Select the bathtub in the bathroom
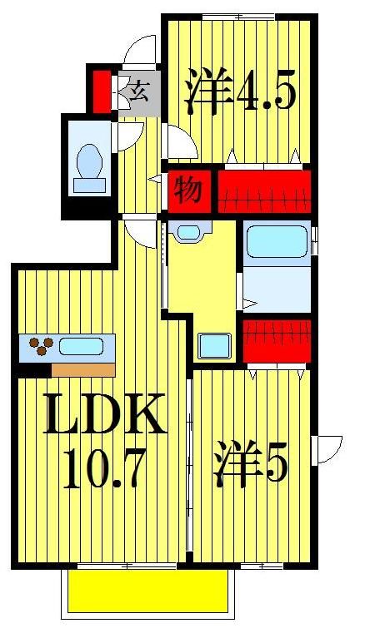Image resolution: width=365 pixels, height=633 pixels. [277, 244]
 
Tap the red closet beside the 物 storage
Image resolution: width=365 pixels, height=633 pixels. [264, 190]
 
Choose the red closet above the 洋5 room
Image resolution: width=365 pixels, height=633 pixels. [276, 339]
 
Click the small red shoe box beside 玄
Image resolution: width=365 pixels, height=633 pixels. [101, 91]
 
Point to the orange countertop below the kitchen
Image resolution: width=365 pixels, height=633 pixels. [82, 369]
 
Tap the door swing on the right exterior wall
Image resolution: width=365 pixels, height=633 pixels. [327, 450]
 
